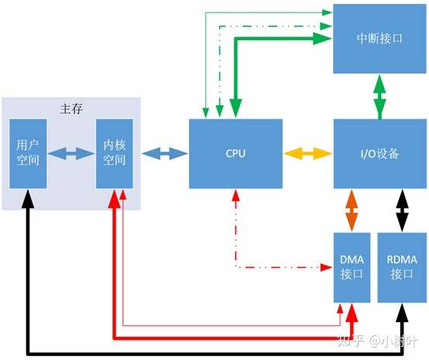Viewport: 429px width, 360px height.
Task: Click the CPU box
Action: (235, 153)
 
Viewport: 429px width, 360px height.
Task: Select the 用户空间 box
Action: (28, 153)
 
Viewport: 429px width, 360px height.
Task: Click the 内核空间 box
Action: (115, 153)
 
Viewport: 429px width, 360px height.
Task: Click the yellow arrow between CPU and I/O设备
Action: (307, 153)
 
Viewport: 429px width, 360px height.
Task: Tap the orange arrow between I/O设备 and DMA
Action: (351, 210)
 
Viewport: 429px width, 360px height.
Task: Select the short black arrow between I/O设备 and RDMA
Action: (402, 210)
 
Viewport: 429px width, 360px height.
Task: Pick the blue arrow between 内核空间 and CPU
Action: (164, 153)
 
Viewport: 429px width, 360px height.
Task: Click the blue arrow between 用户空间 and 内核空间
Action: (71, 153)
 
